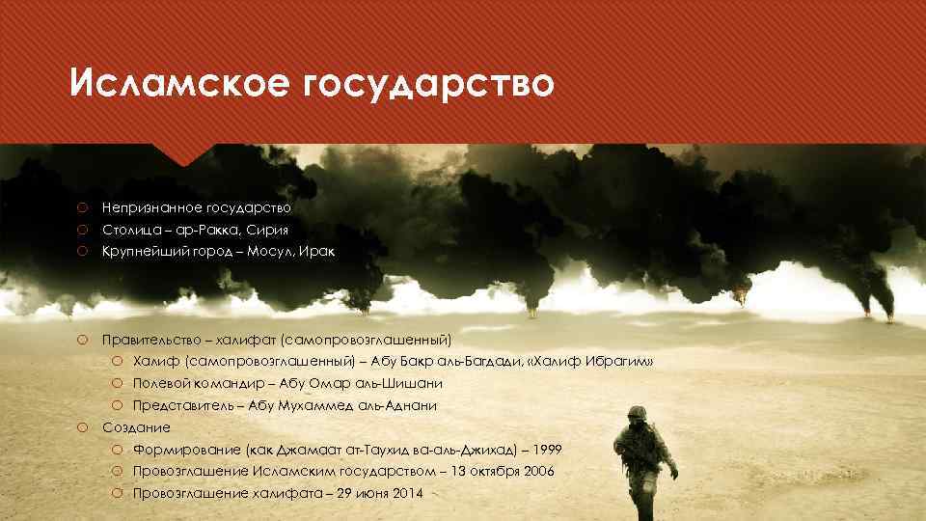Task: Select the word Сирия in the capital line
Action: [267, 230]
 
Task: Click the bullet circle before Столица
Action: [84, 230]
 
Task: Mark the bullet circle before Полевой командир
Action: [115, 383]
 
